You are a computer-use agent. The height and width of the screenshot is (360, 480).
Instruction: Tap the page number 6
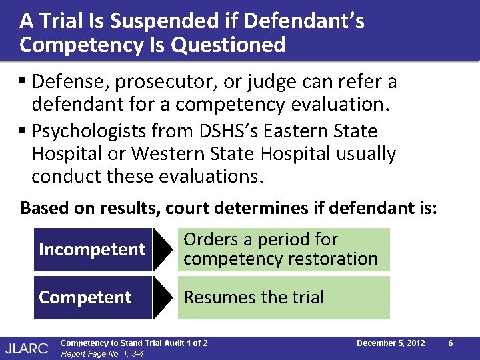point(451,343)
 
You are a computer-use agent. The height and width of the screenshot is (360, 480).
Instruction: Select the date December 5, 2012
point(391,343)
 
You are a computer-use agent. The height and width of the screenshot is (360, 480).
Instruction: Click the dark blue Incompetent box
point(93,249)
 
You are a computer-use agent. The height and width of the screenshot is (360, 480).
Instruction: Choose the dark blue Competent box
point(93,297)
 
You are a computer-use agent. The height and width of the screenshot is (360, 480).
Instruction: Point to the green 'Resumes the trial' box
point(283,297)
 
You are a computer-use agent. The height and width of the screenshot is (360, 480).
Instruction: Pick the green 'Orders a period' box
point(283,249)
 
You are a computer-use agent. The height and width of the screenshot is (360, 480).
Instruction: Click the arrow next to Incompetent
point(163,249)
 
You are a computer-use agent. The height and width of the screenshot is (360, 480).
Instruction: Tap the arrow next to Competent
point(163,297)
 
